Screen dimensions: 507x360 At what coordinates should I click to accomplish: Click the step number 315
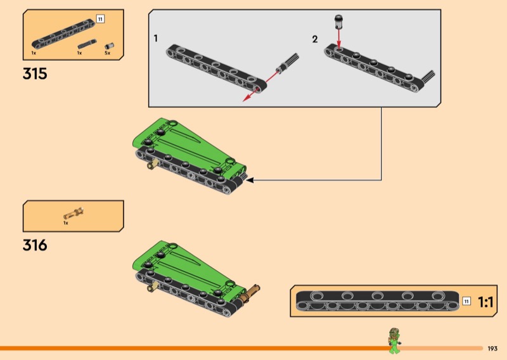coord(35,74)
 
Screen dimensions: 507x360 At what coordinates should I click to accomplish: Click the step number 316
coord(35,245)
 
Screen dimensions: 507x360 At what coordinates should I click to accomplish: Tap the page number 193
coord(492,349)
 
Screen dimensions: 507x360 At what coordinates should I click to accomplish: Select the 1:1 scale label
coord(485,302)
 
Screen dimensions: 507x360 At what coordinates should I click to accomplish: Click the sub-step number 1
coord(155,38)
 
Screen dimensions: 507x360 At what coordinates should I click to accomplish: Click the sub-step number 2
coord(315,39)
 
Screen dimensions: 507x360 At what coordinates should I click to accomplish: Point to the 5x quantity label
coord(107,53)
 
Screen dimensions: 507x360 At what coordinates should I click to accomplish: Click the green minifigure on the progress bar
coord(394,341)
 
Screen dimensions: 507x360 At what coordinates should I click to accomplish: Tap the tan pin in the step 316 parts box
coord(74,214)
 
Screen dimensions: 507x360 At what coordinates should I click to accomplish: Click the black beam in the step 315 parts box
coord(63,34)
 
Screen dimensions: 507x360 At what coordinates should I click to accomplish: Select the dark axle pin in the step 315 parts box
coord(87,44)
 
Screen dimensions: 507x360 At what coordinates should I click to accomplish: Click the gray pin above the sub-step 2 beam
coord(338,21)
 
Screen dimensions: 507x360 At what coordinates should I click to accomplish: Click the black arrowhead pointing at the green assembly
coord(250,180)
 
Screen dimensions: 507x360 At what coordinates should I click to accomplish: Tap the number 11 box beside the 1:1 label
coord(466,302)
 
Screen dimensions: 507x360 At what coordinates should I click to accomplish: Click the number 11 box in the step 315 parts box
coord(100,20)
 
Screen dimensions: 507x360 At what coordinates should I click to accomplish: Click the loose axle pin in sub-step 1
coord(287,63)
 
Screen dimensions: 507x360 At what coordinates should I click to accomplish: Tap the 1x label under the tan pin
coord(66,223)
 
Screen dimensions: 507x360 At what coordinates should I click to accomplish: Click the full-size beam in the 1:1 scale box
coord(377,301)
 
